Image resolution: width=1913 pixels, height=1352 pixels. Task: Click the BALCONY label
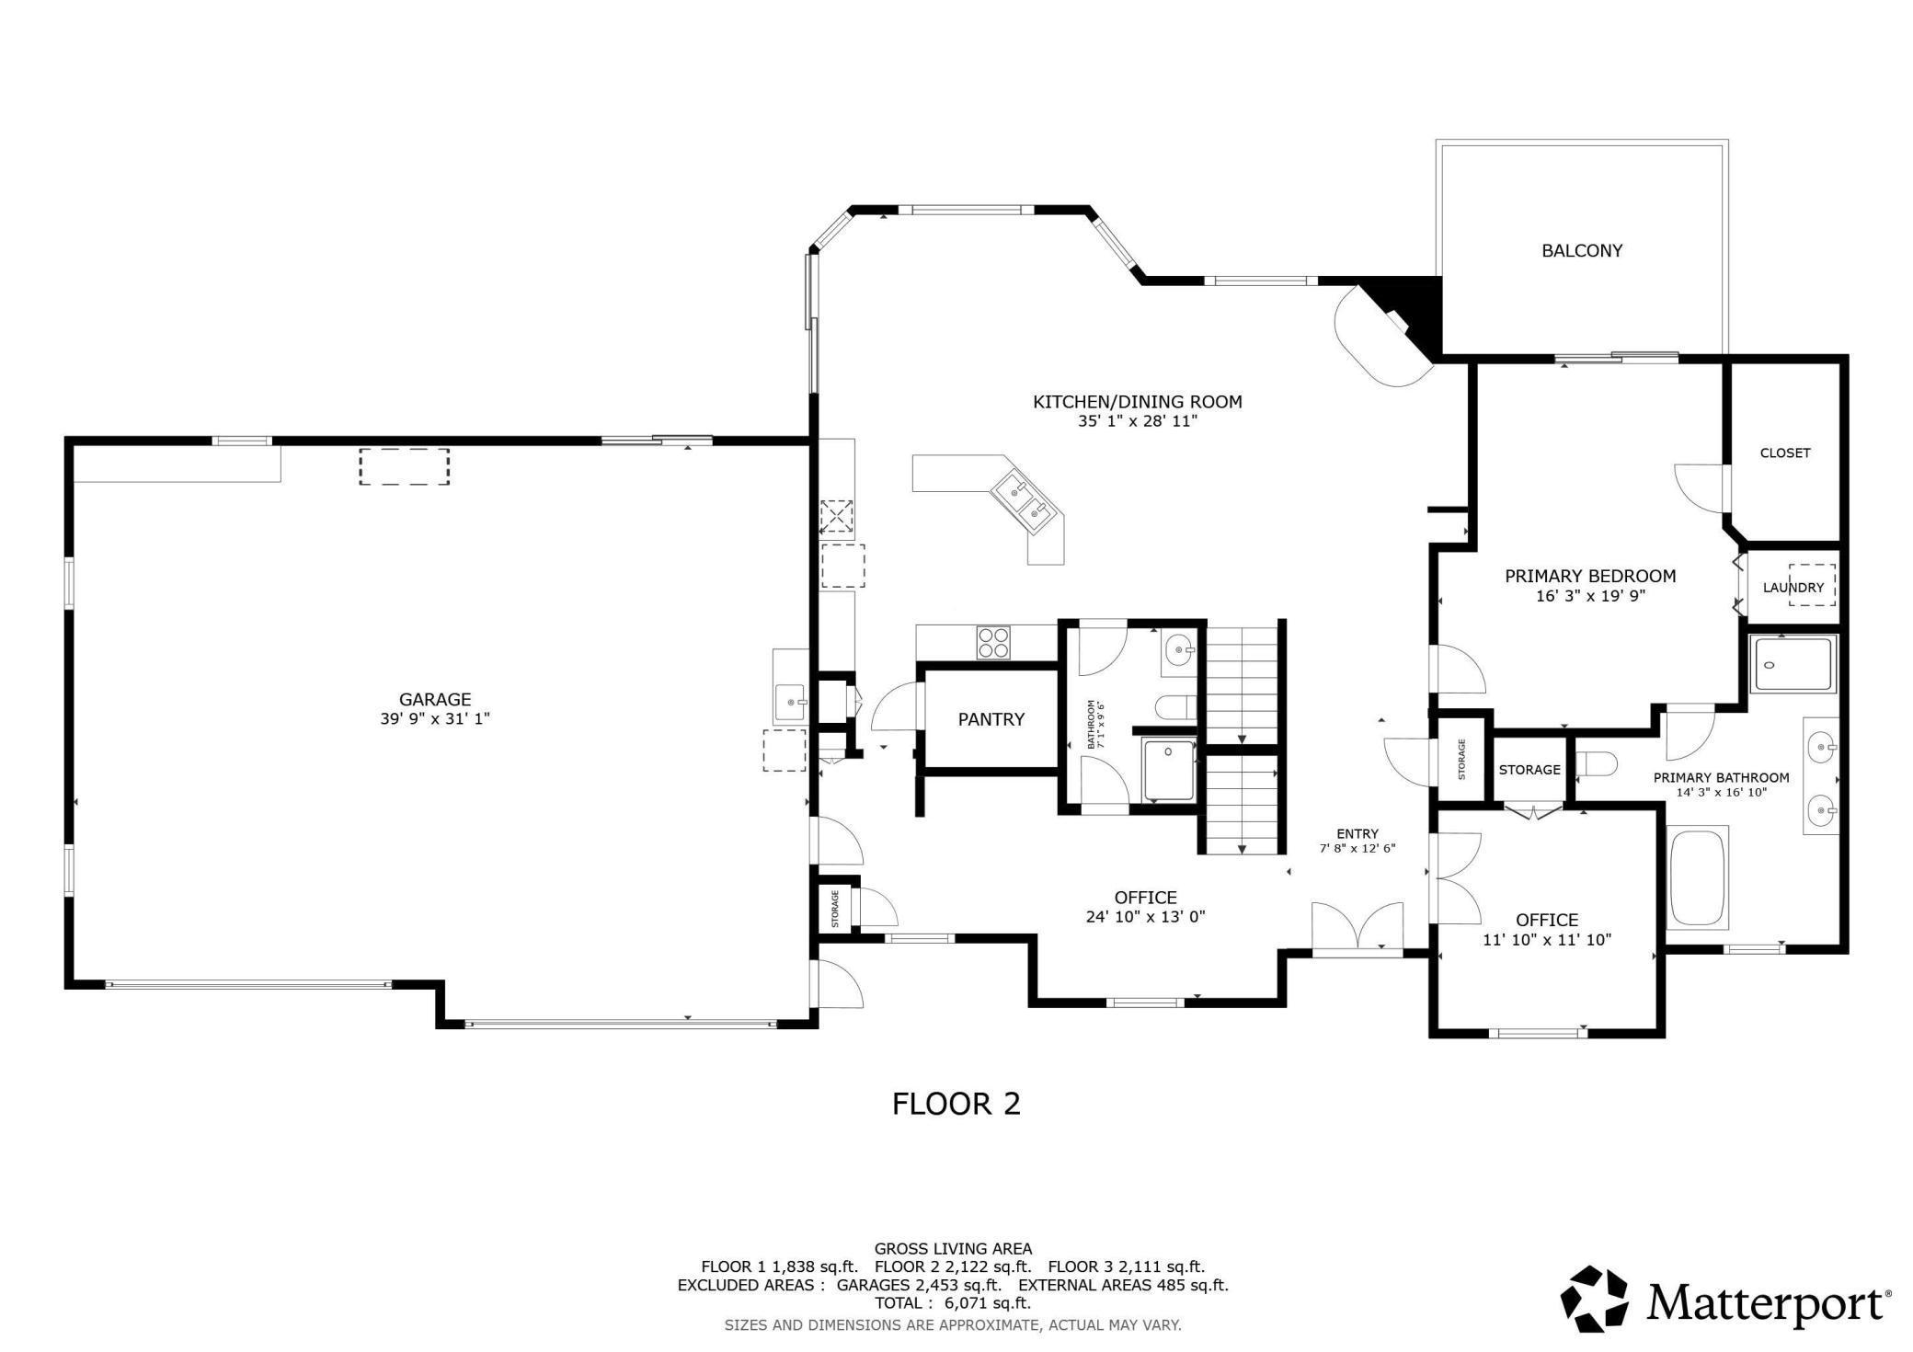[x=1582, y=250]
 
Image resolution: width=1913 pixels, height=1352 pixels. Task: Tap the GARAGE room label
[x=435, y=699]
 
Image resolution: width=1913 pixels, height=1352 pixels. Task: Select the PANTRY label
[x=991, y=719]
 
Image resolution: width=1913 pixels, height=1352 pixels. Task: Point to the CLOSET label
[x=1785, y=453]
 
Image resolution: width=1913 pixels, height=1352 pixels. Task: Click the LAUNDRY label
[x=1793, y=588]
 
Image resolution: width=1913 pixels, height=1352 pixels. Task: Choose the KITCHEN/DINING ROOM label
[x=1138, y=402]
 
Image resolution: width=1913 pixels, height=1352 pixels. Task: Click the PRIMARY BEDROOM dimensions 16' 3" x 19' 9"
[x=1590, y=596]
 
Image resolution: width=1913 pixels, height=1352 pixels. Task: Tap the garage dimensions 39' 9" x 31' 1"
[x=435, y=718]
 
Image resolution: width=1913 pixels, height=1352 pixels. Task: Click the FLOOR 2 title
[x=956, y=1104]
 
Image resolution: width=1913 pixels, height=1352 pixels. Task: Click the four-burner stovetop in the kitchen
[x=993, y=642]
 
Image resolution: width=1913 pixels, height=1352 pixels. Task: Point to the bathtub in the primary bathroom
[x=1698, y=876]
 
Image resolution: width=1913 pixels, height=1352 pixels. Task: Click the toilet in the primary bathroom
[x=1597, y=765]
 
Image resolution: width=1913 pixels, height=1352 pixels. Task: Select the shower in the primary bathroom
[x=1793, y=663]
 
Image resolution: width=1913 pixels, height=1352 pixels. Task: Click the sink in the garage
[x=790, y=703]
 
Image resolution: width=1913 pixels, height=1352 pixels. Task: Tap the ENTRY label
[x=1357, y=834]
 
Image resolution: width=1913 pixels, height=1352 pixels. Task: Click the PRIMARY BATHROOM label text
[x=1722, y=778]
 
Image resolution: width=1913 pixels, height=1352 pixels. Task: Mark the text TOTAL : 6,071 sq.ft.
[x=953, y=1303]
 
